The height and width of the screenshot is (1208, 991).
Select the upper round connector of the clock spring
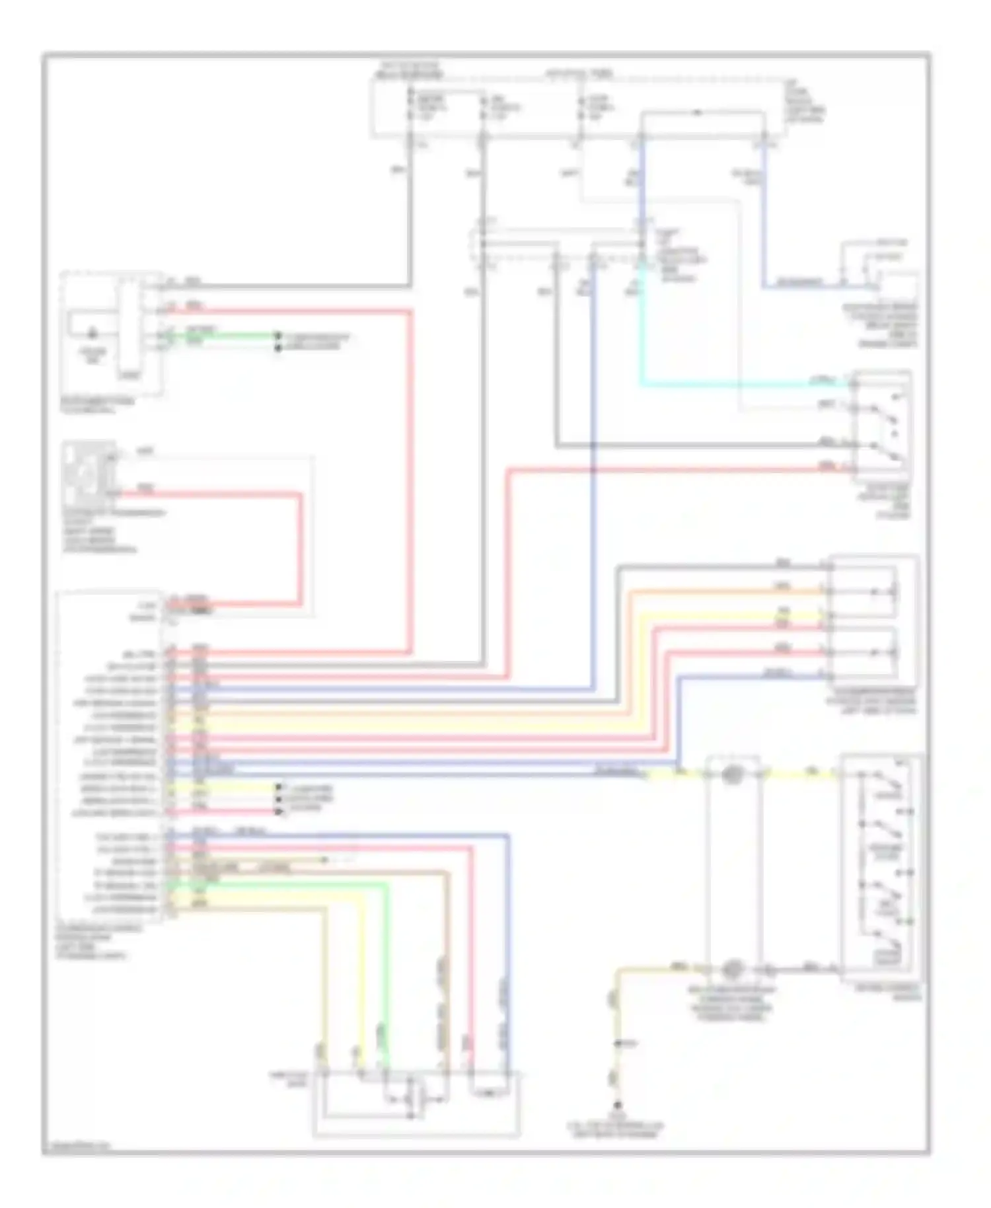pos(731,774)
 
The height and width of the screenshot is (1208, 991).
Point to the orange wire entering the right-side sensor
pos(727,591)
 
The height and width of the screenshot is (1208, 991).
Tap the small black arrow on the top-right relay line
pos(697,113)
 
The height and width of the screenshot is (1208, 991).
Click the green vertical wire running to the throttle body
pos(386,978)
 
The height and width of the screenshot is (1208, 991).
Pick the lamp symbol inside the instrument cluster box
pos(92,334)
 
